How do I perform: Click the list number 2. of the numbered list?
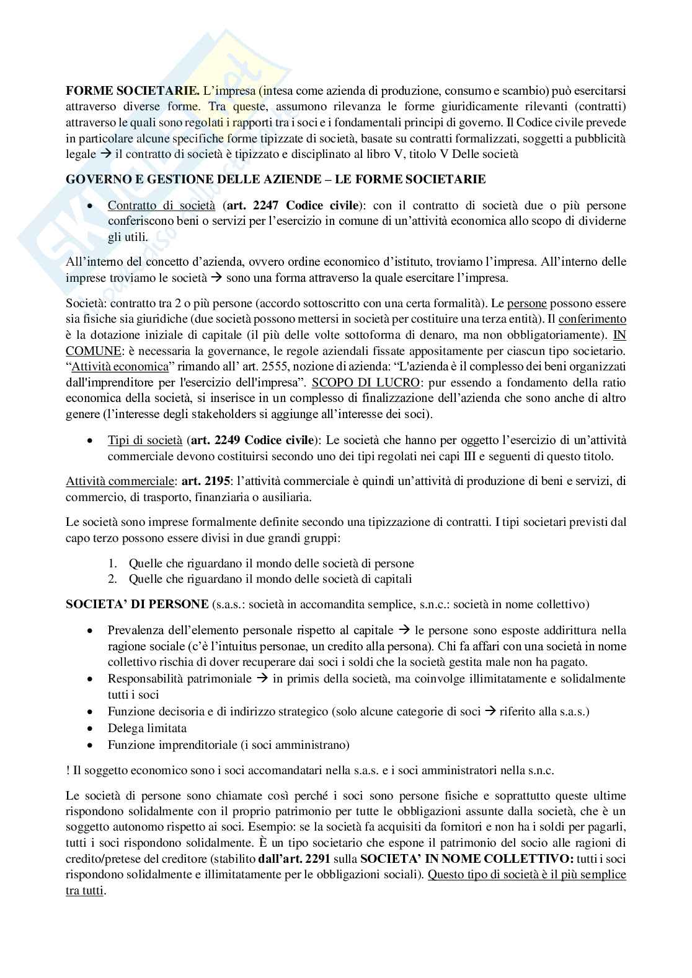113,579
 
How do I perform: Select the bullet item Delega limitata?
147,728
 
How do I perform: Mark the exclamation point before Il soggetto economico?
68,771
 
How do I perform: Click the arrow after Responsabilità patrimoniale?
262,679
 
